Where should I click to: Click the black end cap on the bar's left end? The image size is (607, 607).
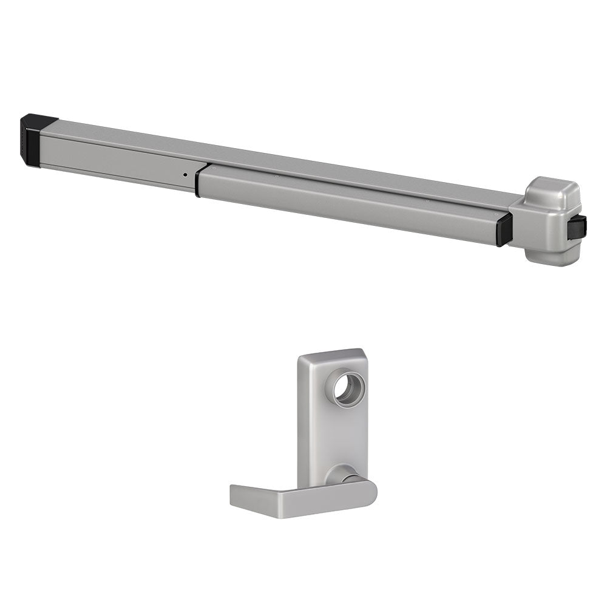click(x=32, y=140)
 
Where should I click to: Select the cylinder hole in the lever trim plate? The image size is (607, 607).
click(x=350, y=388)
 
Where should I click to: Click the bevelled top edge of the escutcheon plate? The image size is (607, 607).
click(x=331, y=354)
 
